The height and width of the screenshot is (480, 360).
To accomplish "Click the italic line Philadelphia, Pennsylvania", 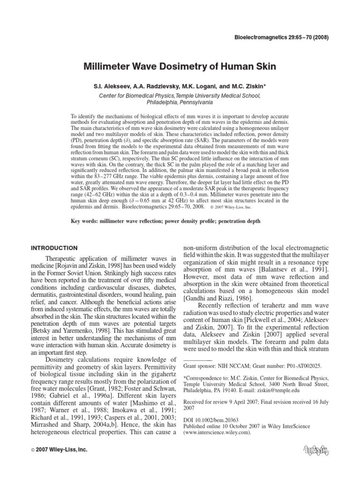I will (x=180, y=102).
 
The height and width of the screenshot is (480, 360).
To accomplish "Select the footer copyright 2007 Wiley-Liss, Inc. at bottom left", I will (x=59, y=450).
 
